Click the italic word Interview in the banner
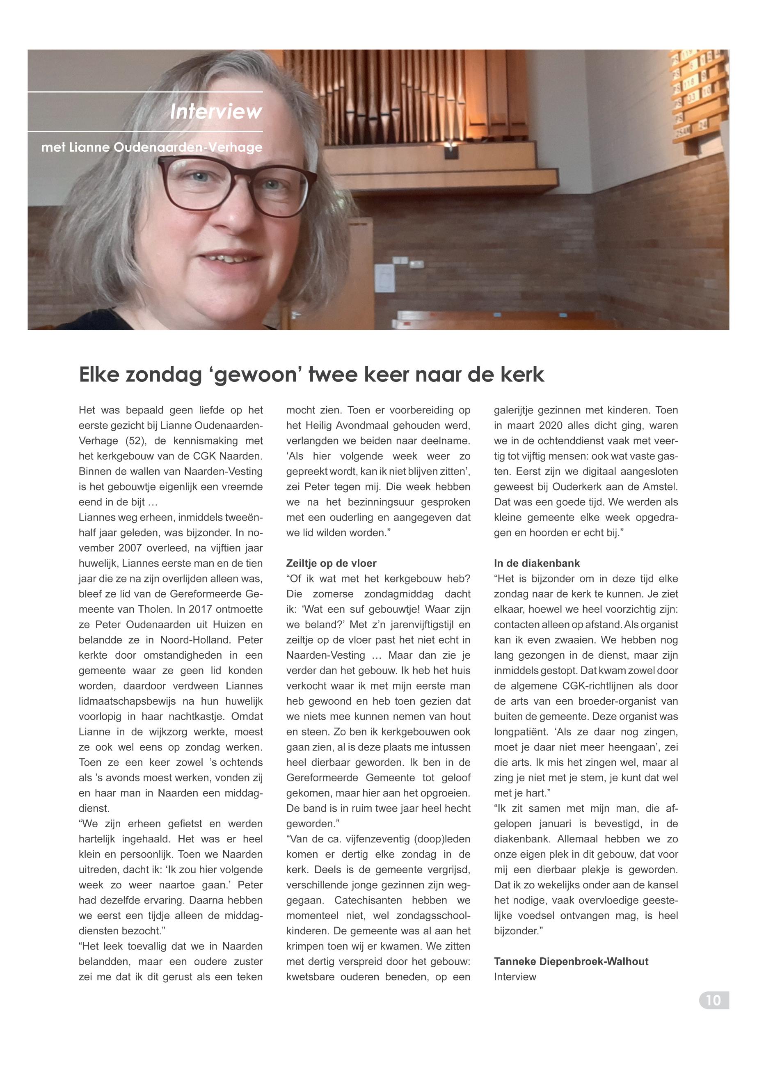coord(216,112)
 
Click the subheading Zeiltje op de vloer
coord(331,563)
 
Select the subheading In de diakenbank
coord(536,563)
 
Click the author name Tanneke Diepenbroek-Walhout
coord(571,961)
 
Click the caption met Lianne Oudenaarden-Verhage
coord(152,148)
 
